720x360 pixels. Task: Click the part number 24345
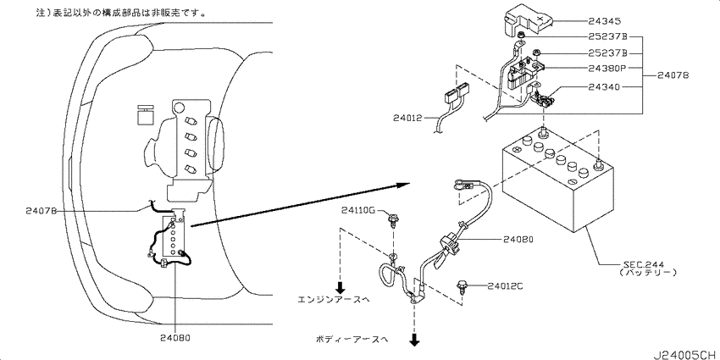[604, 20]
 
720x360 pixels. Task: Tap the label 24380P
[607, 69]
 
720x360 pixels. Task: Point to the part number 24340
[604, 86]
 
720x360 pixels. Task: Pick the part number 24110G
[357, 210]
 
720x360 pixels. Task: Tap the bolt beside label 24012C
[462, 285]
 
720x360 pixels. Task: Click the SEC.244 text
[641, 264]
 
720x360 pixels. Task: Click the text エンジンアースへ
[334, 299]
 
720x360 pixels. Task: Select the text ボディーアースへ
[352, 340]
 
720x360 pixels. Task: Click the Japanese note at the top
[121, 13]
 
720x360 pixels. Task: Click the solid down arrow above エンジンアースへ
[340, 287]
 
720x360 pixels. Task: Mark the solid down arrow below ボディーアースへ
[415, 340]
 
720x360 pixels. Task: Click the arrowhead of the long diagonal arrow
[403, 185]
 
